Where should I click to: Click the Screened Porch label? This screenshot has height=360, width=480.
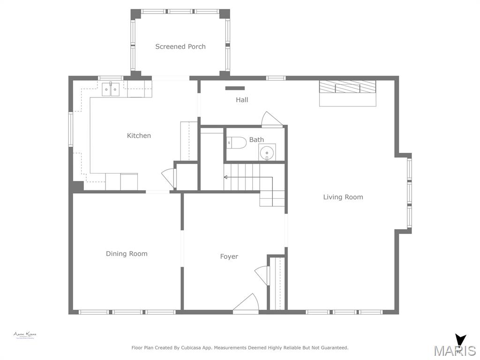180,46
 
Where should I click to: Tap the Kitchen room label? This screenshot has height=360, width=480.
139,135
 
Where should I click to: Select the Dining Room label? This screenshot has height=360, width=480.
127,254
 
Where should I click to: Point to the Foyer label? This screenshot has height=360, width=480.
229,256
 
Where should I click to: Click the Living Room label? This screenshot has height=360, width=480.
343,197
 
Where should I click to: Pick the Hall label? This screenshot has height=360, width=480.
242,100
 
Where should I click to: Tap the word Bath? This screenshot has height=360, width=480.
256,140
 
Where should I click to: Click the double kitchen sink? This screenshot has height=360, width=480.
111,89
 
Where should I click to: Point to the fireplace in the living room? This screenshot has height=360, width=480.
347,87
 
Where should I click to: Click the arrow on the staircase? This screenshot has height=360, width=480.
226,177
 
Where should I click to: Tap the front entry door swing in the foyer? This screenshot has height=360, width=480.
247,303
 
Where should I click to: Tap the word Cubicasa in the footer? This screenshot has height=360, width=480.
202,348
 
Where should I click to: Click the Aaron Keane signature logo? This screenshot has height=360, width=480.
24,335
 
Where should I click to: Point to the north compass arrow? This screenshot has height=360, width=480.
460,340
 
